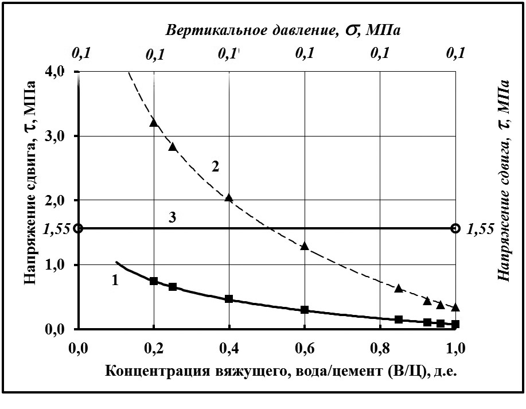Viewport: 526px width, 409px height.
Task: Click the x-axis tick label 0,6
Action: click(304, 347)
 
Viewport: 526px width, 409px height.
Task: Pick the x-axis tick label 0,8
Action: click(380, 347)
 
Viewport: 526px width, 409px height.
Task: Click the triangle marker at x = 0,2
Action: click(154, 122)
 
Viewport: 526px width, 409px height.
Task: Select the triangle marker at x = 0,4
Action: click(229, 198)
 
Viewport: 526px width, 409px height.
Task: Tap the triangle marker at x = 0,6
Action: click(305, 246)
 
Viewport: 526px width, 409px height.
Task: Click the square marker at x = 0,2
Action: click(154, 281)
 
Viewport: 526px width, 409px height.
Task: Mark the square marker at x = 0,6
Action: click(305, 310)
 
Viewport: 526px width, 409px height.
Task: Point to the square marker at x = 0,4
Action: click(229, 299)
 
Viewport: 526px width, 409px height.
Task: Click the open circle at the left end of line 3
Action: click(79, 228)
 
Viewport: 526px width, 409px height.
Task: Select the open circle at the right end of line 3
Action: click(456, 228)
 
